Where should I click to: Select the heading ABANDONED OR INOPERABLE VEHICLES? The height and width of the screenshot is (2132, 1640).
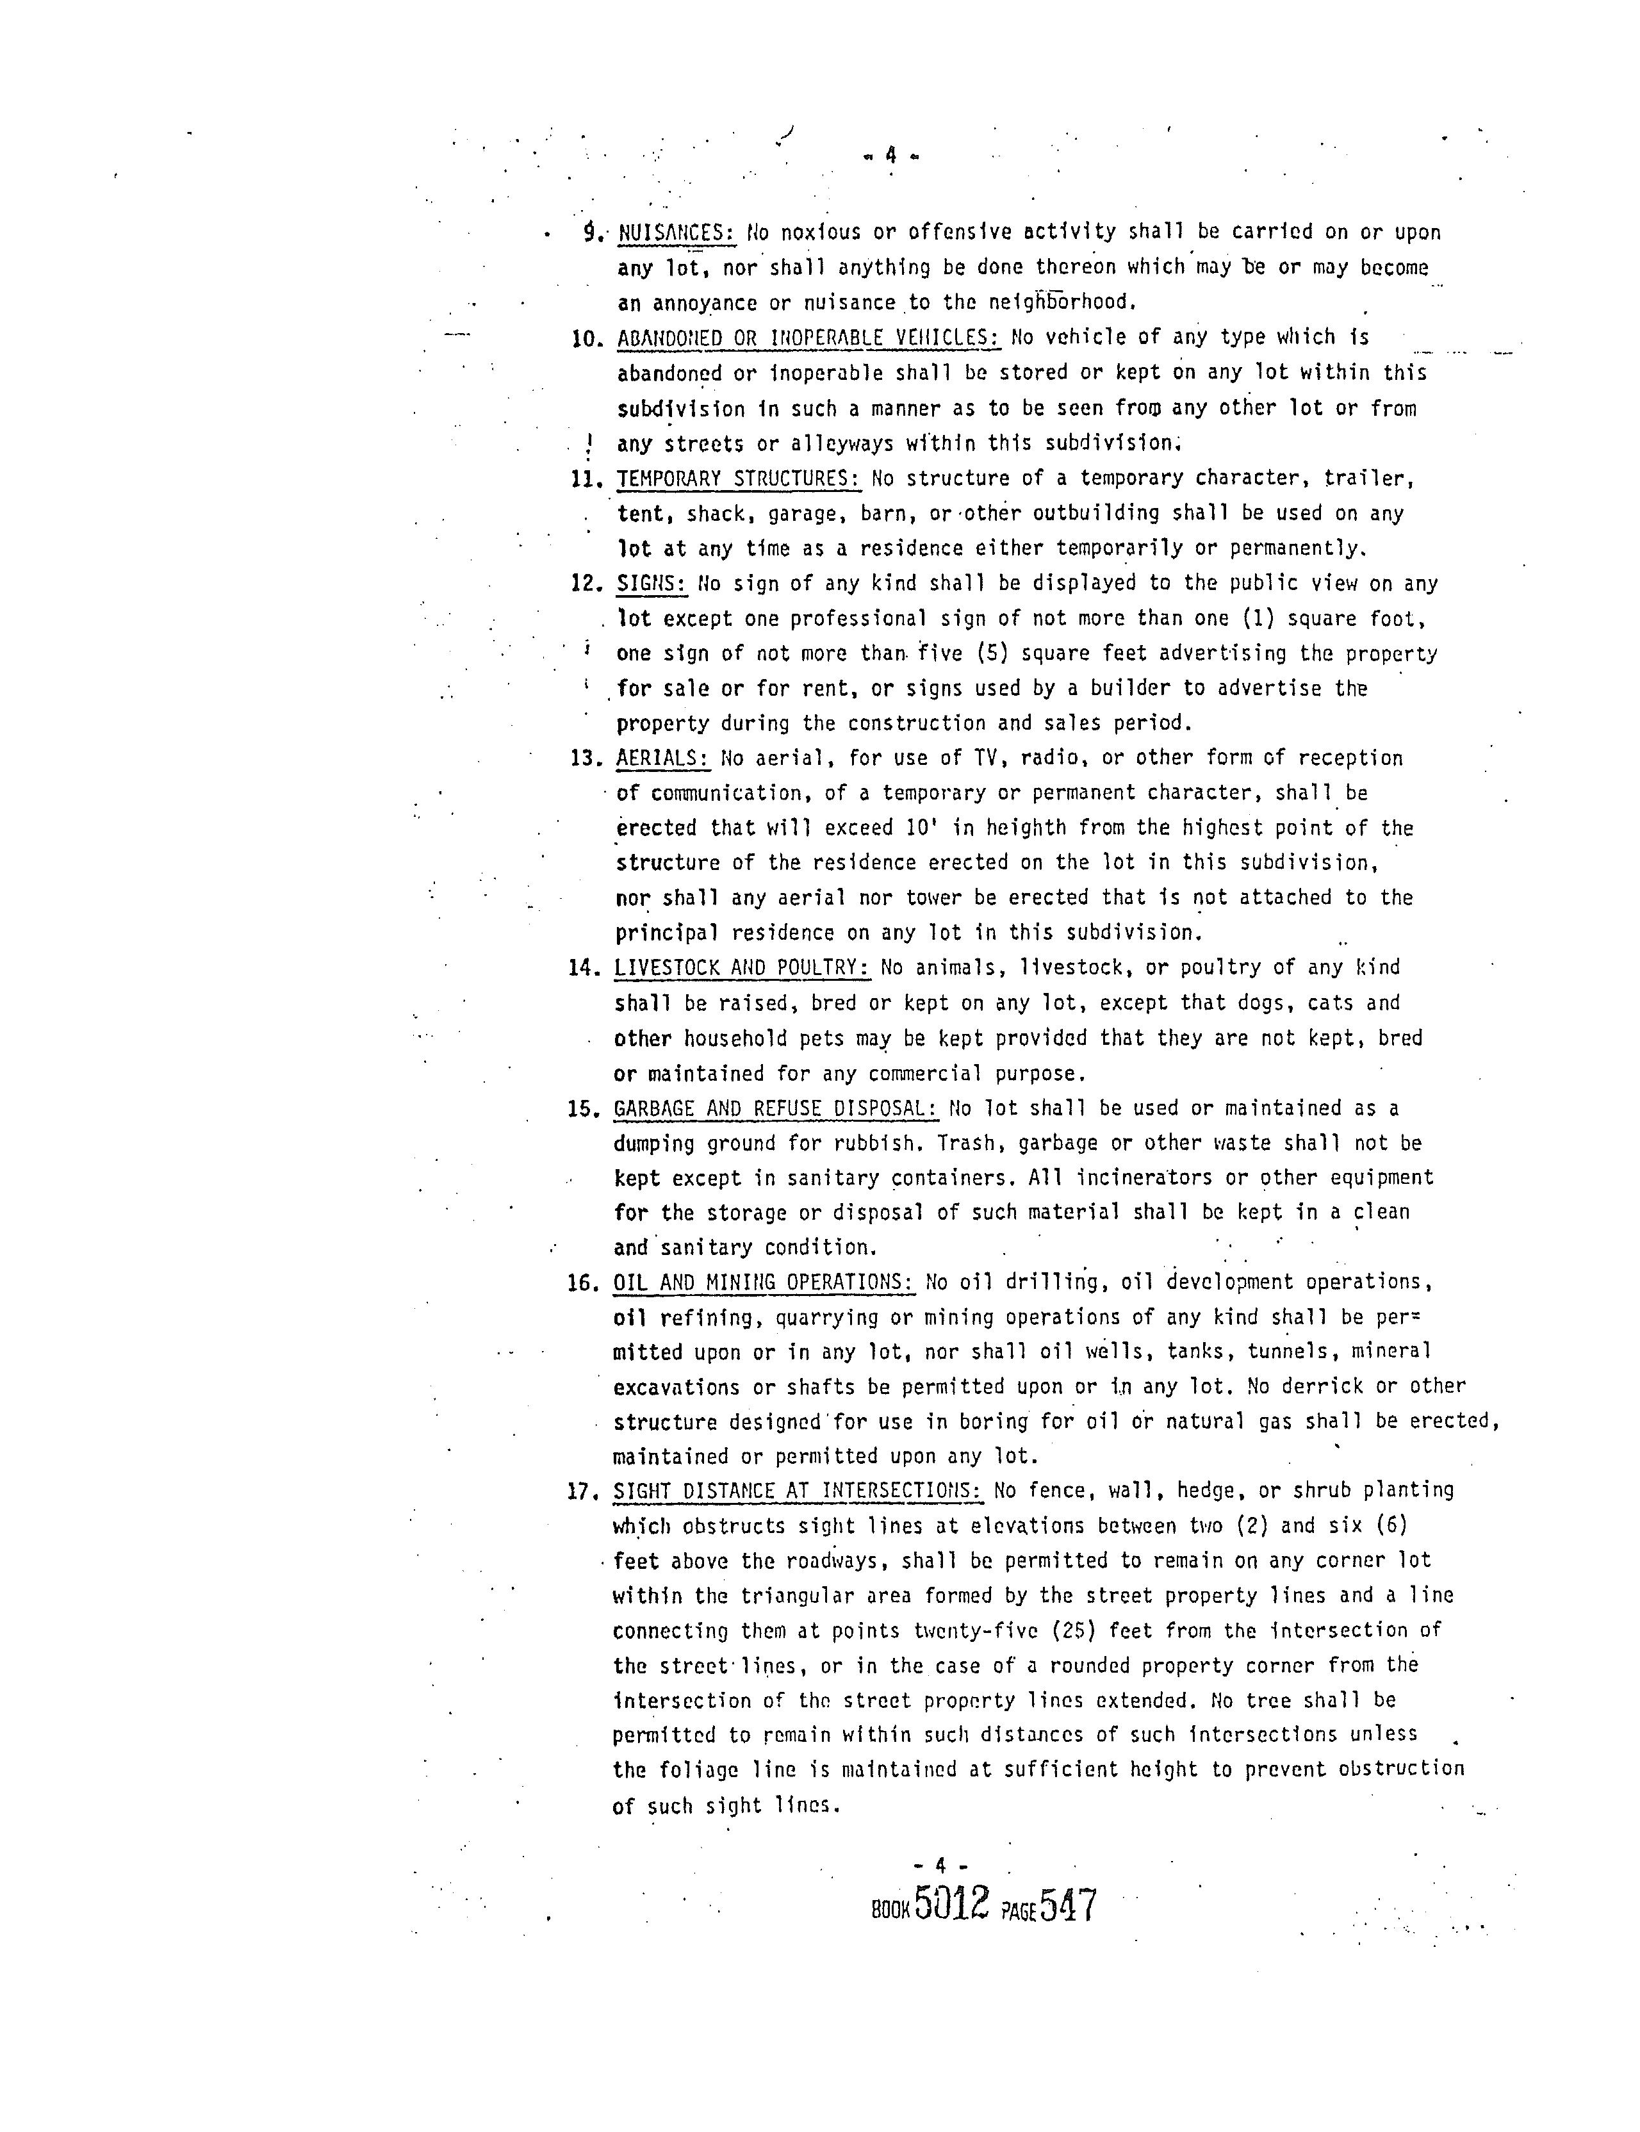pos(808,338)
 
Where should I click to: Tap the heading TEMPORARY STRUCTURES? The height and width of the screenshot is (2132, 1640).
pos(738,479)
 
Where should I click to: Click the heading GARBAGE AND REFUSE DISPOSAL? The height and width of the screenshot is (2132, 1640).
pos(776,1108)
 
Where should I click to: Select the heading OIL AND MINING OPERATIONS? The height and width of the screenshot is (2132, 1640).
pos(764,1282)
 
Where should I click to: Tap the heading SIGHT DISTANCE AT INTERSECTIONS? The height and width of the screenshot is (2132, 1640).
pos(796,1491)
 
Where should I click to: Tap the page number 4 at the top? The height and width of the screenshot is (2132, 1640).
pos(890,154)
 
